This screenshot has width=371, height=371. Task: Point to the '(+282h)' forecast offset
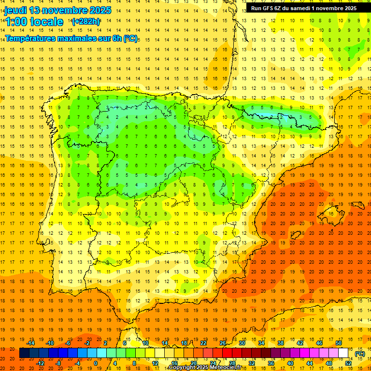click(x=86, y=21)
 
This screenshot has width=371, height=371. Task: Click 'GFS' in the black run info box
click(x=269, y=8)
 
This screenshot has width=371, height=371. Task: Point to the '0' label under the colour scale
click(x=96, y=363)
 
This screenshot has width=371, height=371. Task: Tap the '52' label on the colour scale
click(x=348, y=363)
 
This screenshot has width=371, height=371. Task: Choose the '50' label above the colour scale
click(x=338, y=343)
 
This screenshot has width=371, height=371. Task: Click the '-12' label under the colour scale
click(x=40, y=363)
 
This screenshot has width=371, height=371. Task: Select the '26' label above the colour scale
click(x=223, y=343)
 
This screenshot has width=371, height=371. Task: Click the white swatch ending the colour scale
click(x=343, y=353)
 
